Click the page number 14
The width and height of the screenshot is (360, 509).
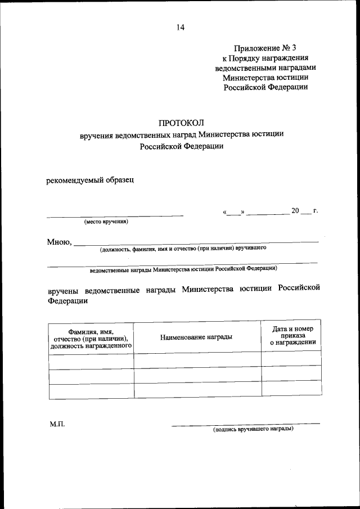(179, 26)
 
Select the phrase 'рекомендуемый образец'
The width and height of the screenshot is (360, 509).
(90, 181)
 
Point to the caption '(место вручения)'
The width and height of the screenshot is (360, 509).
(106, 222)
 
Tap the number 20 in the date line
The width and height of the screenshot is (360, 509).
(295, 211)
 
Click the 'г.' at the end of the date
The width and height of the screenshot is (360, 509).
(316, 211)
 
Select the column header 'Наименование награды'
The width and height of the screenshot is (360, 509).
(196, 337)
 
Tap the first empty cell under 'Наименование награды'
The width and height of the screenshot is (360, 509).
(197, 360)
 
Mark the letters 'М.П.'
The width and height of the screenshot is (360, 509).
(57, 424)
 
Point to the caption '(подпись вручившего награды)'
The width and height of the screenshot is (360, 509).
(253, 429)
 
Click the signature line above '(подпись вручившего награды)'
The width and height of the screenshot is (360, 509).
(246, 424)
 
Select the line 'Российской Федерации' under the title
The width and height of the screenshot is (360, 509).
(181, 146)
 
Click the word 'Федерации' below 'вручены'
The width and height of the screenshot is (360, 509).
(67, 301)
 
